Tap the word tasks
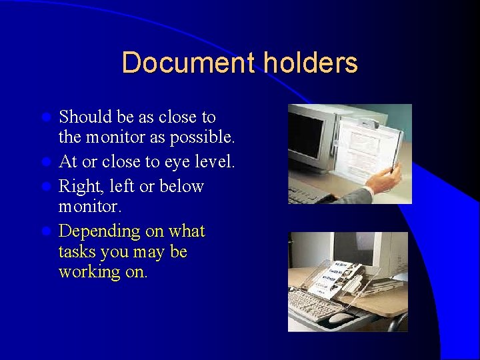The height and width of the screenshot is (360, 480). (x=78, y=252)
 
